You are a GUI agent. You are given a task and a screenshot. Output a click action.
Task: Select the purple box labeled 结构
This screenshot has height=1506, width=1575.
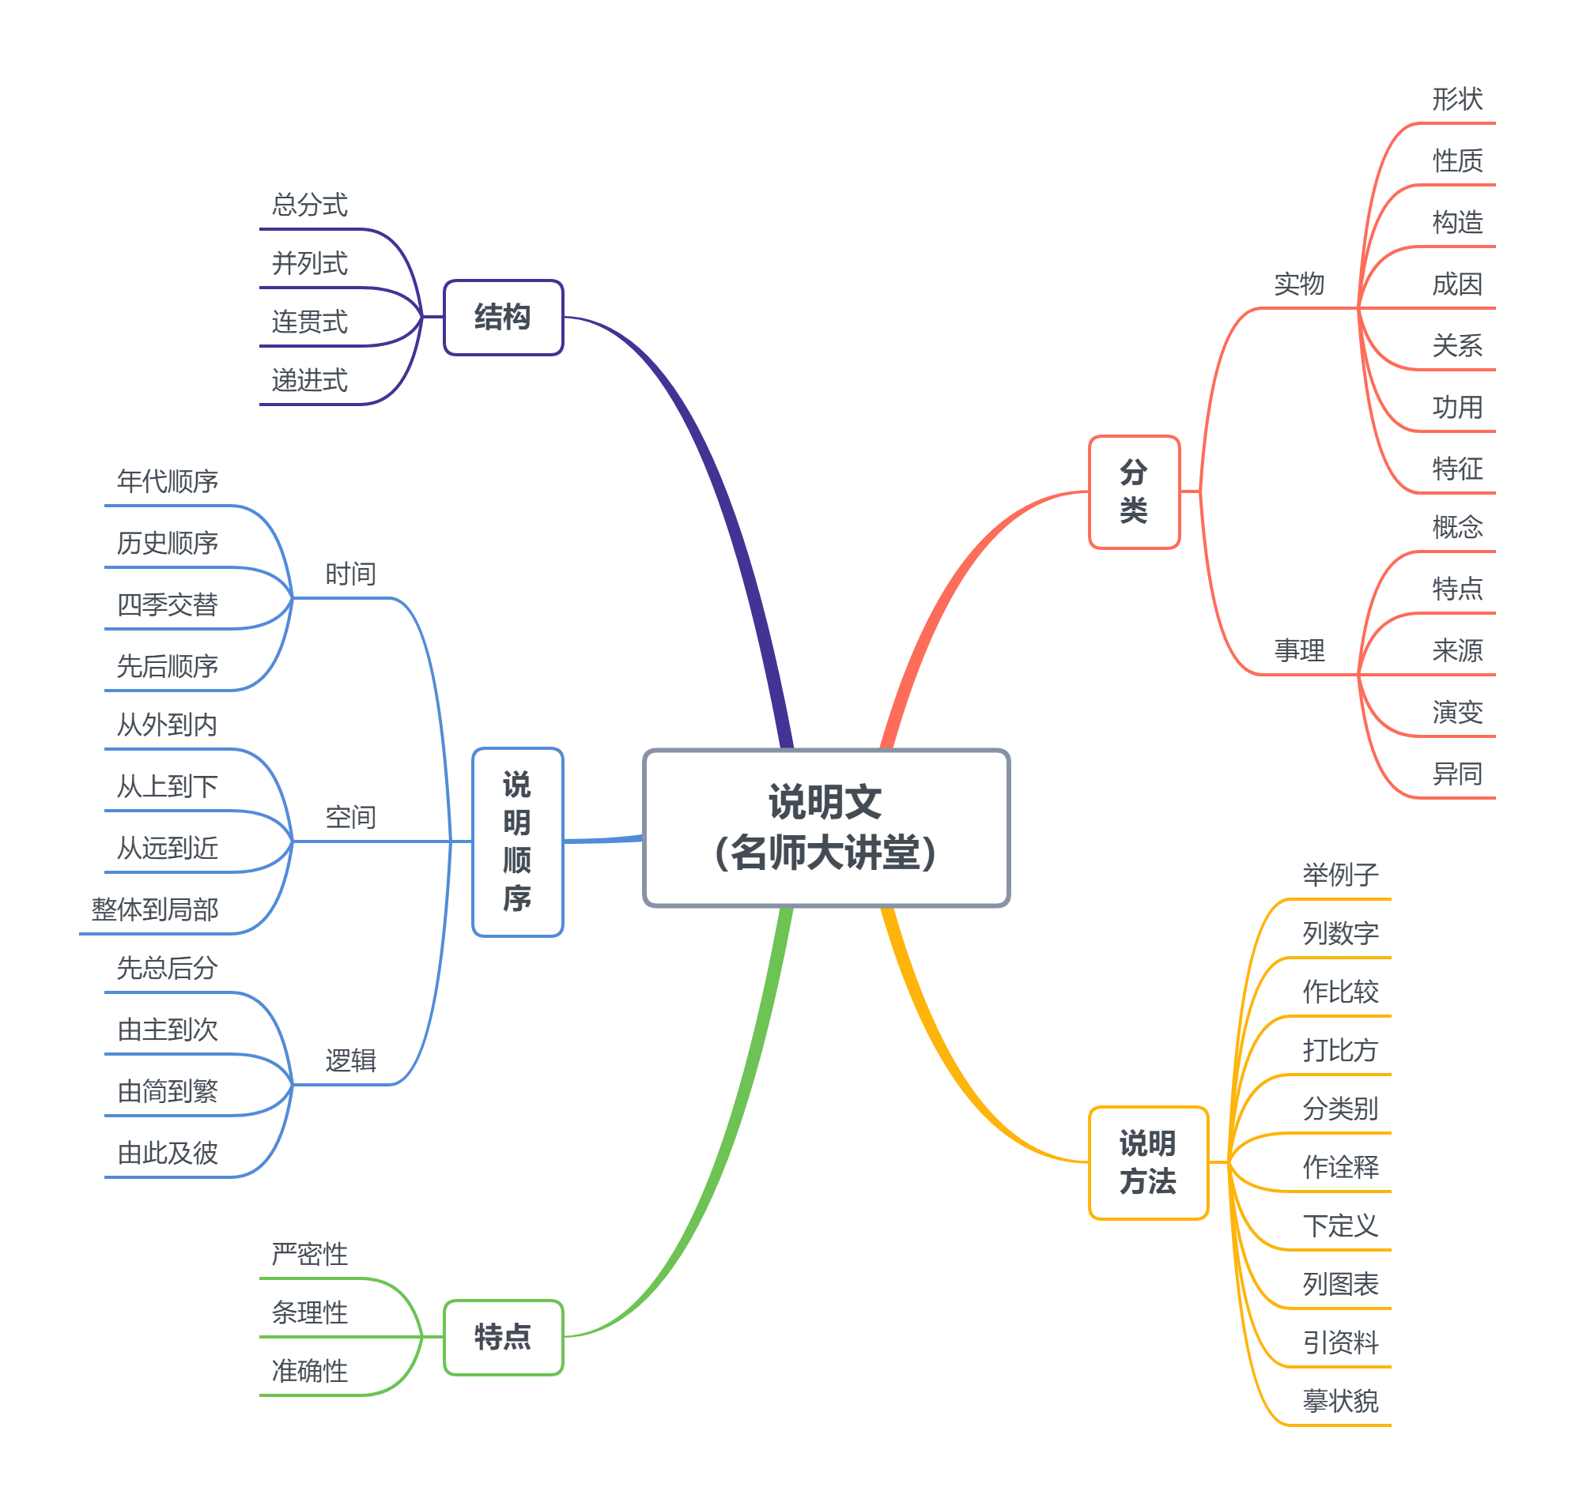coord(503,317)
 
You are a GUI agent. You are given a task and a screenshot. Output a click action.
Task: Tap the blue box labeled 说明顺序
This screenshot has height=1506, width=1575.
coord(517,841)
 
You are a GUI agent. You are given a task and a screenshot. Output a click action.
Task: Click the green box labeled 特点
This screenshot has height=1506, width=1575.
coord(503,1337)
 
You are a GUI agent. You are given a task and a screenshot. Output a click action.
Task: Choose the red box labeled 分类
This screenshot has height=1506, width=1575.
coord(1133,491)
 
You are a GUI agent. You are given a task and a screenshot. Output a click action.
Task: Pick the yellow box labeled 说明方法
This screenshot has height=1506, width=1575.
coord(1148,1162)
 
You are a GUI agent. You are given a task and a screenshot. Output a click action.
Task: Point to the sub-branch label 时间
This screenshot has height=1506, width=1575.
coord(350,574)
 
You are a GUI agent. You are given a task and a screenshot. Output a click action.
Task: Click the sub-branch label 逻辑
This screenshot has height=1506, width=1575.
coord(350,1060)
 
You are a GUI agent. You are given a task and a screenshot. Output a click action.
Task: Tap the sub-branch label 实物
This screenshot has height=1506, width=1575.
coord(1299,284)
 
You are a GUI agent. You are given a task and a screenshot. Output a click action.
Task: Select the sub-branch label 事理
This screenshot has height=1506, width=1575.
coord(1299,650)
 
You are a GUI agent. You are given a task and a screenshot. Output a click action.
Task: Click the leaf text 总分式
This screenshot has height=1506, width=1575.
coord(309,205)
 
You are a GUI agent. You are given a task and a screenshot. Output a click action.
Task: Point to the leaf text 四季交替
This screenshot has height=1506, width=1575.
coord(167,604)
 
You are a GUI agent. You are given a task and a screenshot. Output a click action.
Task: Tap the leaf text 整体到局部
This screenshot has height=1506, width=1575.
coord(154,909)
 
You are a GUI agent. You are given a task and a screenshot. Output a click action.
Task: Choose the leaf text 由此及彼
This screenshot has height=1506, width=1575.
coord(167,1153)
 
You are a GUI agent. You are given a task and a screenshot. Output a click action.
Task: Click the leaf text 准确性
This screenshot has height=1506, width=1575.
coord(309,1371)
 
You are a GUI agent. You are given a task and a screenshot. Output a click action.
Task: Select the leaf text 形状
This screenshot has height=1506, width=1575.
coord(1457,99)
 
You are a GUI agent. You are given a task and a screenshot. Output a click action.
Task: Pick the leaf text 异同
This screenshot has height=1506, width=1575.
coord(1457,774)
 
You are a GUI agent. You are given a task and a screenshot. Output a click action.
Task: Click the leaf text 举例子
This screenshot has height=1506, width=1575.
coord(1339,874)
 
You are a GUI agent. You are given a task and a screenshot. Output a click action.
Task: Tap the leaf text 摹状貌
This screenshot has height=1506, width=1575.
coord(1339,1401)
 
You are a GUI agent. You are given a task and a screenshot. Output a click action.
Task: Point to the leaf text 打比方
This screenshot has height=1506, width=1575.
coord(1339,1050)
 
